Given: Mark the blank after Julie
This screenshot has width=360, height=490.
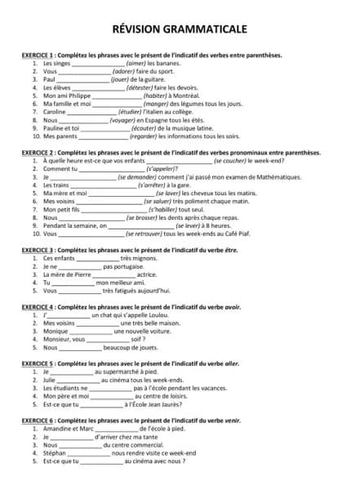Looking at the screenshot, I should [x=78, y=381].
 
